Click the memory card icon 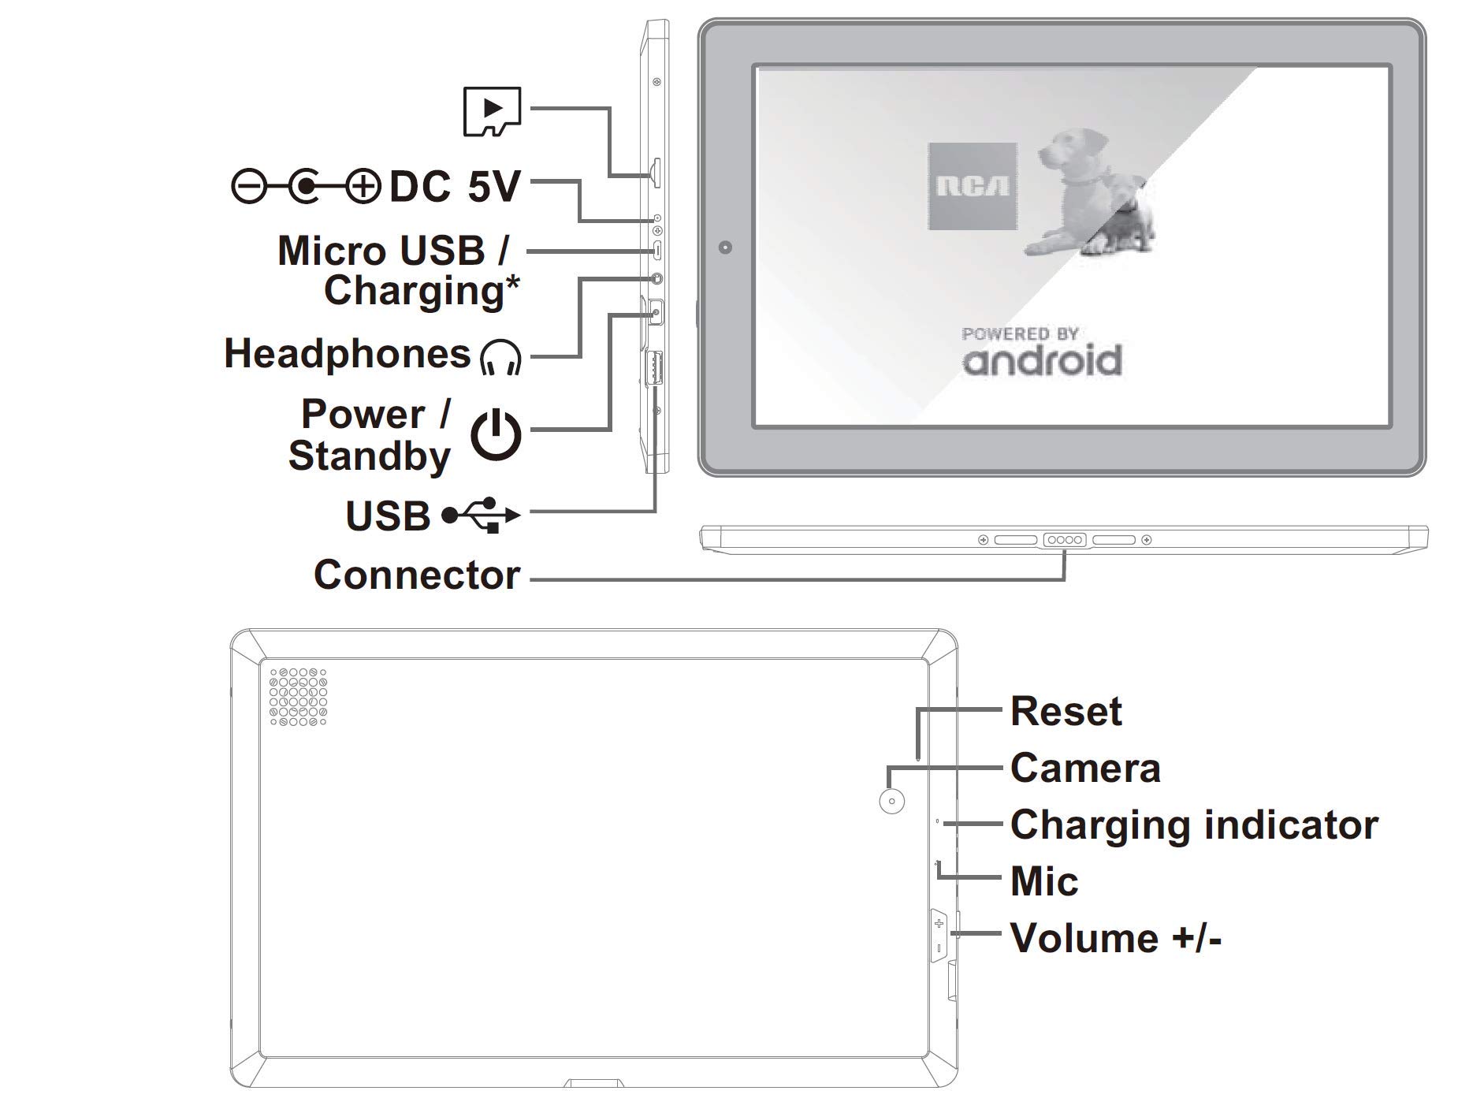492,111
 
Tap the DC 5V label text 456,187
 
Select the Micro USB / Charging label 399,270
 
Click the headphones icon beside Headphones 500,357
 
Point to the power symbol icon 497,434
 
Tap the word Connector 417,575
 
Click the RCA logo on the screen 973,187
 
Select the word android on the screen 1041,360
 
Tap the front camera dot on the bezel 726,248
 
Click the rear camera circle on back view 891,801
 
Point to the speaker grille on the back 298,697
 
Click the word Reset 1066,712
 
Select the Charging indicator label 1194,825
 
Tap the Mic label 1044,881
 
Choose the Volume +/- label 1116,938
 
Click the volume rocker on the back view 939,936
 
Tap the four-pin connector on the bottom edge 1065,540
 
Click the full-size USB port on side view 653,368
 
